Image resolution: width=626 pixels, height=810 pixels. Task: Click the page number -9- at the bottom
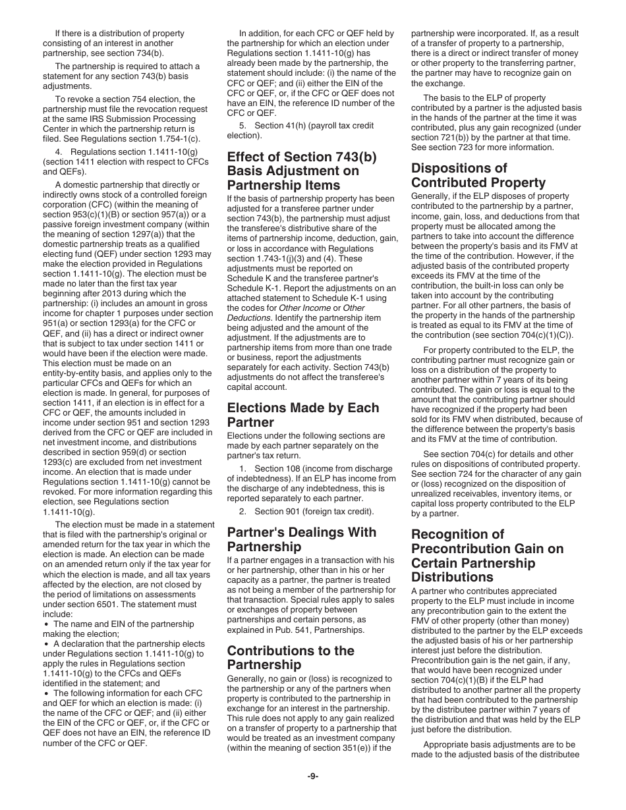pyautogui.click(x=313, y=776)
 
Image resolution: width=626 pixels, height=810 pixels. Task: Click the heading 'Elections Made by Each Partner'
pyautogui.click(x=303, y=415)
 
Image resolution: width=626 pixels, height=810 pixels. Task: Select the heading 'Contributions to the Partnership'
pyautogui.click(x=291, y=657)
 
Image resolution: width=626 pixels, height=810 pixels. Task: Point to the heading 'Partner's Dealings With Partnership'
pyautogui.click(x=302, y=539)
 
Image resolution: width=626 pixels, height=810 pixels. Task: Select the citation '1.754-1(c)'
pyautogui.click(x=175, y=139)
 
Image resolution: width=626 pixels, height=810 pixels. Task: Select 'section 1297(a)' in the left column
pyautogui.click(x=146, y=234)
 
